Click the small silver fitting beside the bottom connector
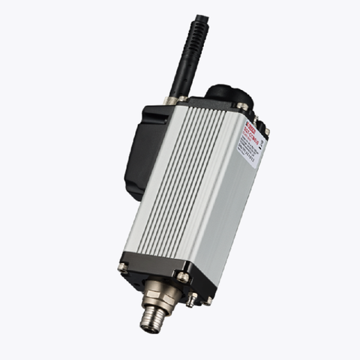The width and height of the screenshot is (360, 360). click(193, 298)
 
